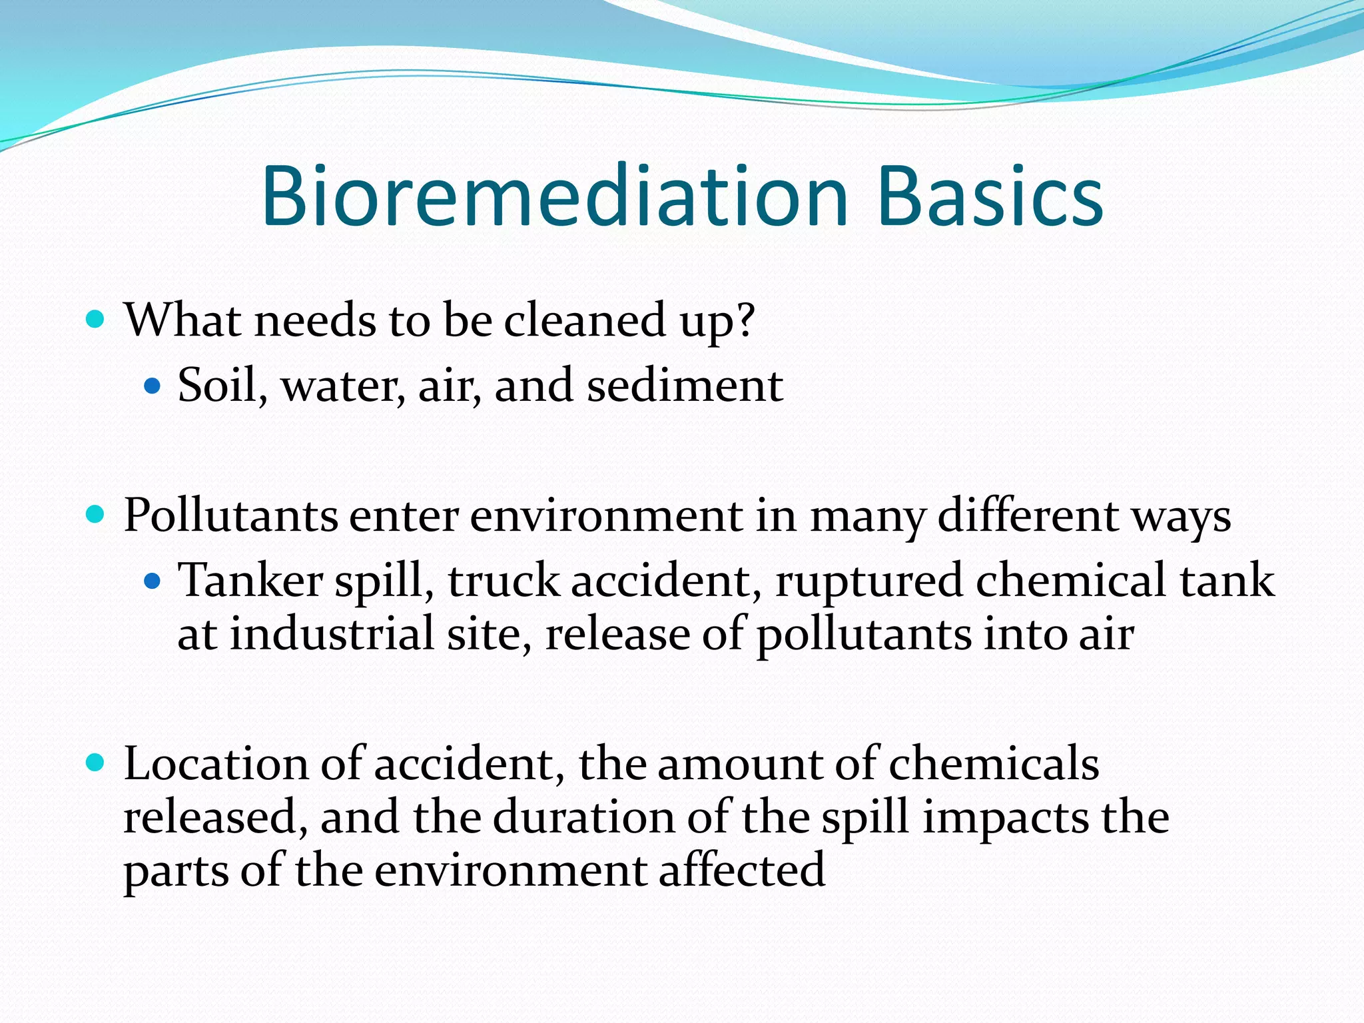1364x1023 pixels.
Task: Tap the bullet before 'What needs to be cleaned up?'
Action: [96, 320]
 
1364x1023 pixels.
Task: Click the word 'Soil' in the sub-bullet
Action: [217, 385]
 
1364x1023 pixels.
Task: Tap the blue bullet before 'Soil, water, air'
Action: [153, 386]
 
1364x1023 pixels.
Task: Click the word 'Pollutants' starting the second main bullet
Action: [230, 515]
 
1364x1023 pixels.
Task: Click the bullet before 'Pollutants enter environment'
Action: [96, 515]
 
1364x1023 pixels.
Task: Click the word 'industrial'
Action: [332, 633]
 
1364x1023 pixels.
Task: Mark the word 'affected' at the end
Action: [742, 870]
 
